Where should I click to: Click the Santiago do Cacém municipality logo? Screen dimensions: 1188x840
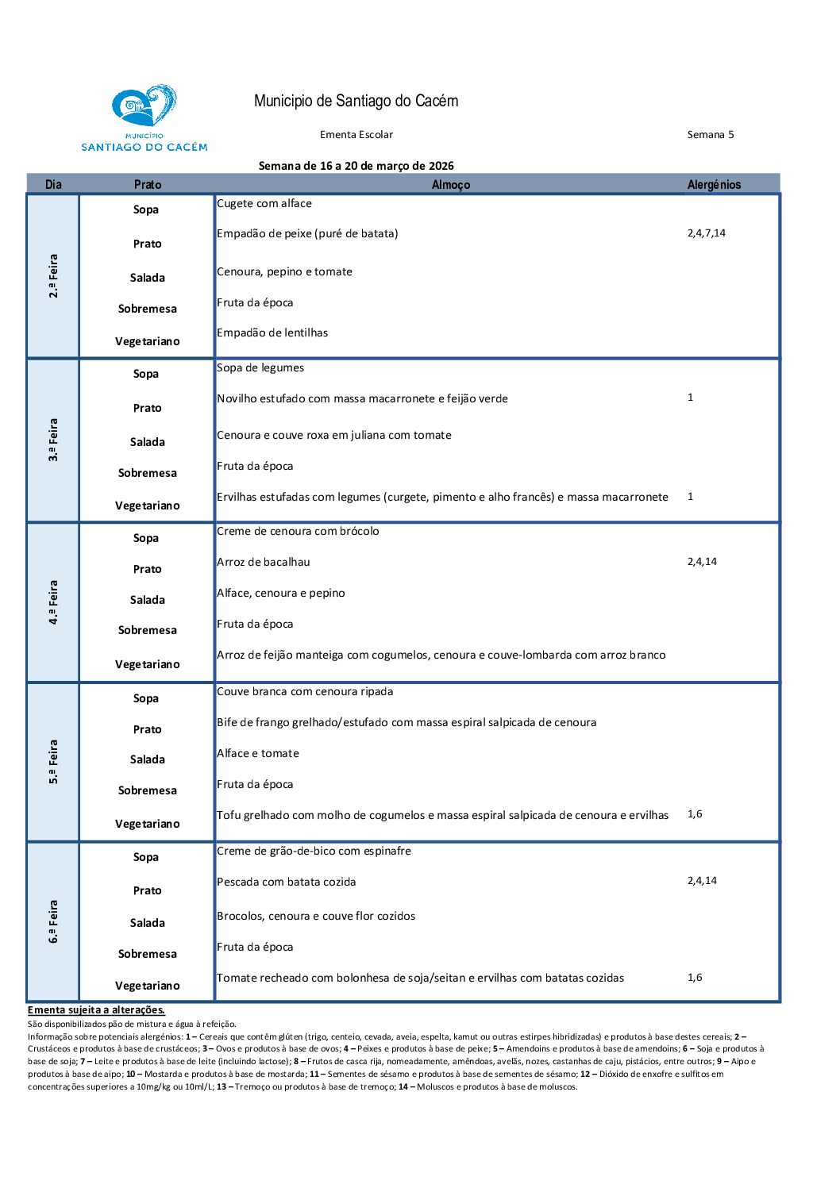144,117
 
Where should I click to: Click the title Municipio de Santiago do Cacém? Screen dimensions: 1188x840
356,101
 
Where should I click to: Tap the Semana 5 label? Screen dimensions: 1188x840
711,135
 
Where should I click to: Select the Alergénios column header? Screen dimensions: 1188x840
714,185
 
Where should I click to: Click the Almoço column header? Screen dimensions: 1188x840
451,185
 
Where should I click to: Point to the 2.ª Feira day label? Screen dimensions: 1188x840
53,276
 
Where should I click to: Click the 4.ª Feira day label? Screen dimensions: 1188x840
53,602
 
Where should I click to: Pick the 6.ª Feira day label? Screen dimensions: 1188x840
53,921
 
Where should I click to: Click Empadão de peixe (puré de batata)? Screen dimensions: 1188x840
307,233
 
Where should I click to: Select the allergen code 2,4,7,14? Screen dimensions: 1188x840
707,233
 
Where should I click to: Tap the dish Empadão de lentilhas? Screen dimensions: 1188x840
272,333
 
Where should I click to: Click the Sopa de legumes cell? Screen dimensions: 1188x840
260,367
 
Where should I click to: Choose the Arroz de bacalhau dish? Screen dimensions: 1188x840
264,562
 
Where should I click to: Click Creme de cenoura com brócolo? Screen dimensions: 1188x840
298,531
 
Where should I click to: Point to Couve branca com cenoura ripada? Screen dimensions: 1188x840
305,691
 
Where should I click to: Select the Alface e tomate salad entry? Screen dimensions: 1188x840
258,753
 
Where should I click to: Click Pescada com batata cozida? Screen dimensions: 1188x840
287,882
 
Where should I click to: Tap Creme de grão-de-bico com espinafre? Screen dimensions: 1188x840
314,851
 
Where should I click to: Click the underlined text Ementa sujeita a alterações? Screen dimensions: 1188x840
96,1010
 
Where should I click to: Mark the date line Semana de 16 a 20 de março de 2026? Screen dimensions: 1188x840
356,166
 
